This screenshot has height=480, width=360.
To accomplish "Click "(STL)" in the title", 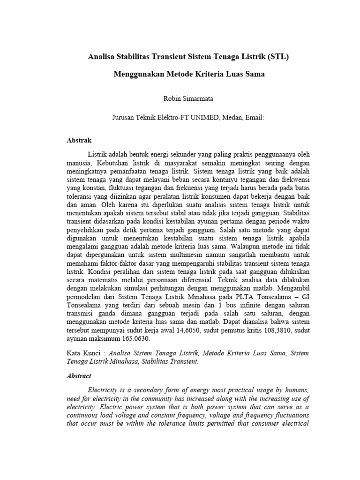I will [279, 57].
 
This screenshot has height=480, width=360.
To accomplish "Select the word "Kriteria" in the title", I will [208, 74].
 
